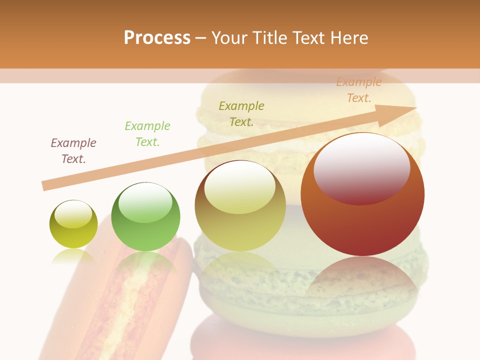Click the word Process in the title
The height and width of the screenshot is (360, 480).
point(157,38)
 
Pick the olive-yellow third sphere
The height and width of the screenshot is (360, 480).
point(240,205)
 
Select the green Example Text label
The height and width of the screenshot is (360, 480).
point(147,134)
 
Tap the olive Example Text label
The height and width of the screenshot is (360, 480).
point(241,114)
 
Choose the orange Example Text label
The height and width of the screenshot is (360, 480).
point(359,90)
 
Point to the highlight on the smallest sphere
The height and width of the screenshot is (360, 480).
point(73,213)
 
